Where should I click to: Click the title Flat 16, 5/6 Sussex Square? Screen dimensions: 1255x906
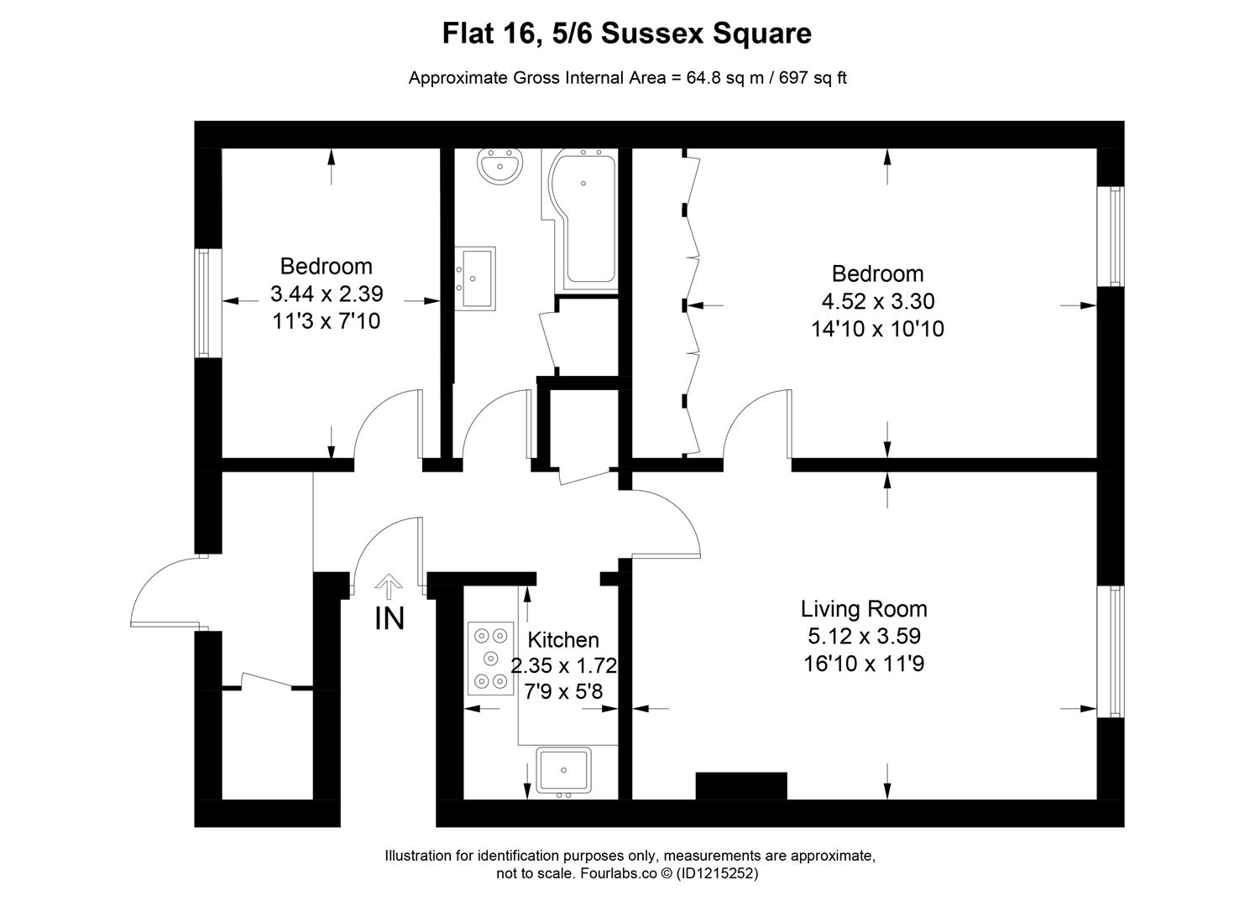click(627, 33)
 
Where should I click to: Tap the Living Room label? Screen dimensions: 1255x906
click(864, 609)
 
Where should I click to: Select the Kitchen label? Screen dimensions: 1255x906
click(563, 639)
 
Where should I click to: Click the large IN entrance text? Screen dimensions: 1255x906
click(390, 619)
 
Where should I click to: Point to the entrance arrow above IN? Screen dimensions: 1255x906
click(389, 586)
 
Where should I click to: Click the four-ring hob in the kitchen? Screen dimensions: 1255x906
click(491, 658)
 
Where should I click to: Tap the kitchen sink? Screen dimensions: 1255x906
click(563, 770)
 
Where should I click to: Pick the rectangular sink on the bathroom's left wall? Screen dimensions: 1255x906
click(475, 279)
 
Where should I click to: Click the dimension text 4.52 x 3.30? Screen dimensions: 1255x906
click(878, 301)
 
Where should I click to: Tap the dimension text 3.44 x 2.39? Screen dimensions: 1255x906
click(327, 294)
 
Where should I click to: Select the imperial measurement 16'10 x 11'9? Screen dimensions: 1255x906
click(864, 664)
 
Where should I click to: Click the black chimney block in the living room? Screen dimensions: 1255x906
click(741, 786)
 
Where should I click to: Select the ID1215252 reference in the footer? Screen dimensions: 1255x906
click(717, 873)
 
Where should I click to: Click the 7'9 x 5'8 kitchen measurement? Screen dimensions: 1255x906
click(563, 691)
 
